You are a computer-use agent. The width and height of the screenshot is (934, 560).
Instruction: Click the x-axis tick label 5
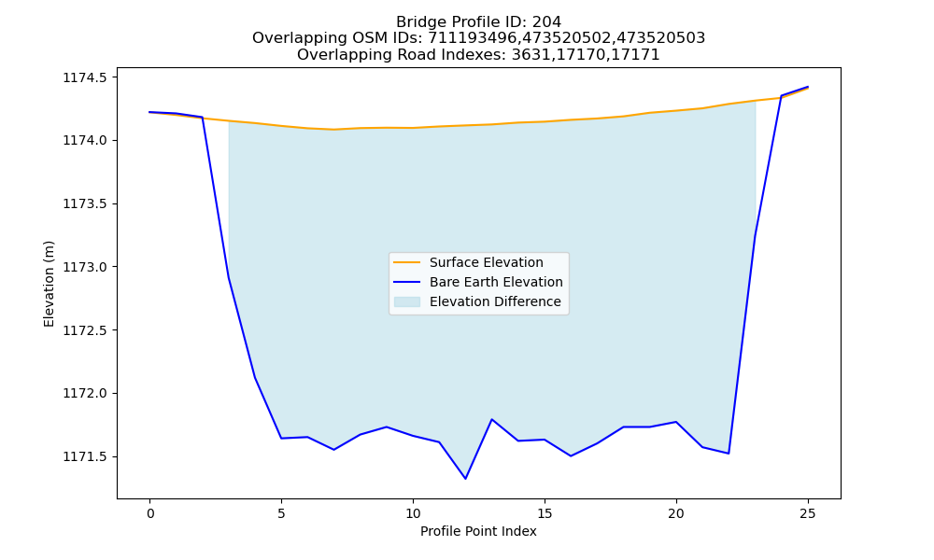click(281, 513)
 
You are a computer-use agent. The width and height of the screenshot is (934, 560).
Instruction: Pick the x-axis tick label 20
click(675, 513)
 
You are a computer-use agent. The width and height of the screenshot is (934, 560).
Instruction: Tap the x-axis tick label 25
click(807, 513)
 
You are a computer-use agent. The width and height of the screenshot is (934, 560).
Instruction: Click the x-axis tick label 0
click(150, 513)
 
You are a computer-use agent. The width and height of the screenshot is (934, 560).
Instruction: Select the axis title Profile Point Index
click(478, 531)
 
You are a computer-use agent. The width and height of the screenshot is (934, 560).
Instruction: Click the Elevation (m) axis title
click(49, 284)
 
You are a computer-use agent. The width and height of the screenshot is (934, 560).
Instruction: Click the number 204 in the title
click(546, 22)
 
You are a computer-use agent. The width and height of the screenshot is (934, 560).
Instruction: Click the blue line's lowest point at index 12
click(465, 479)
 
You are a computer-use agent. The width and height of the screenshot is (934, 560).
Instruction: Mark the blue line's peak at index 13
click(491, 419)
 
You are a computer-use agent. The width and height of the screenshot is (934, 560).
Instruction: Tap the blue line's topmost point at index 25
click(808, 87)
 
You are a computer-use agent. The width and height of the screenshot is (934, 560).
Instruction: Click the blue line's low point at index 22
click(729, 454)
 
